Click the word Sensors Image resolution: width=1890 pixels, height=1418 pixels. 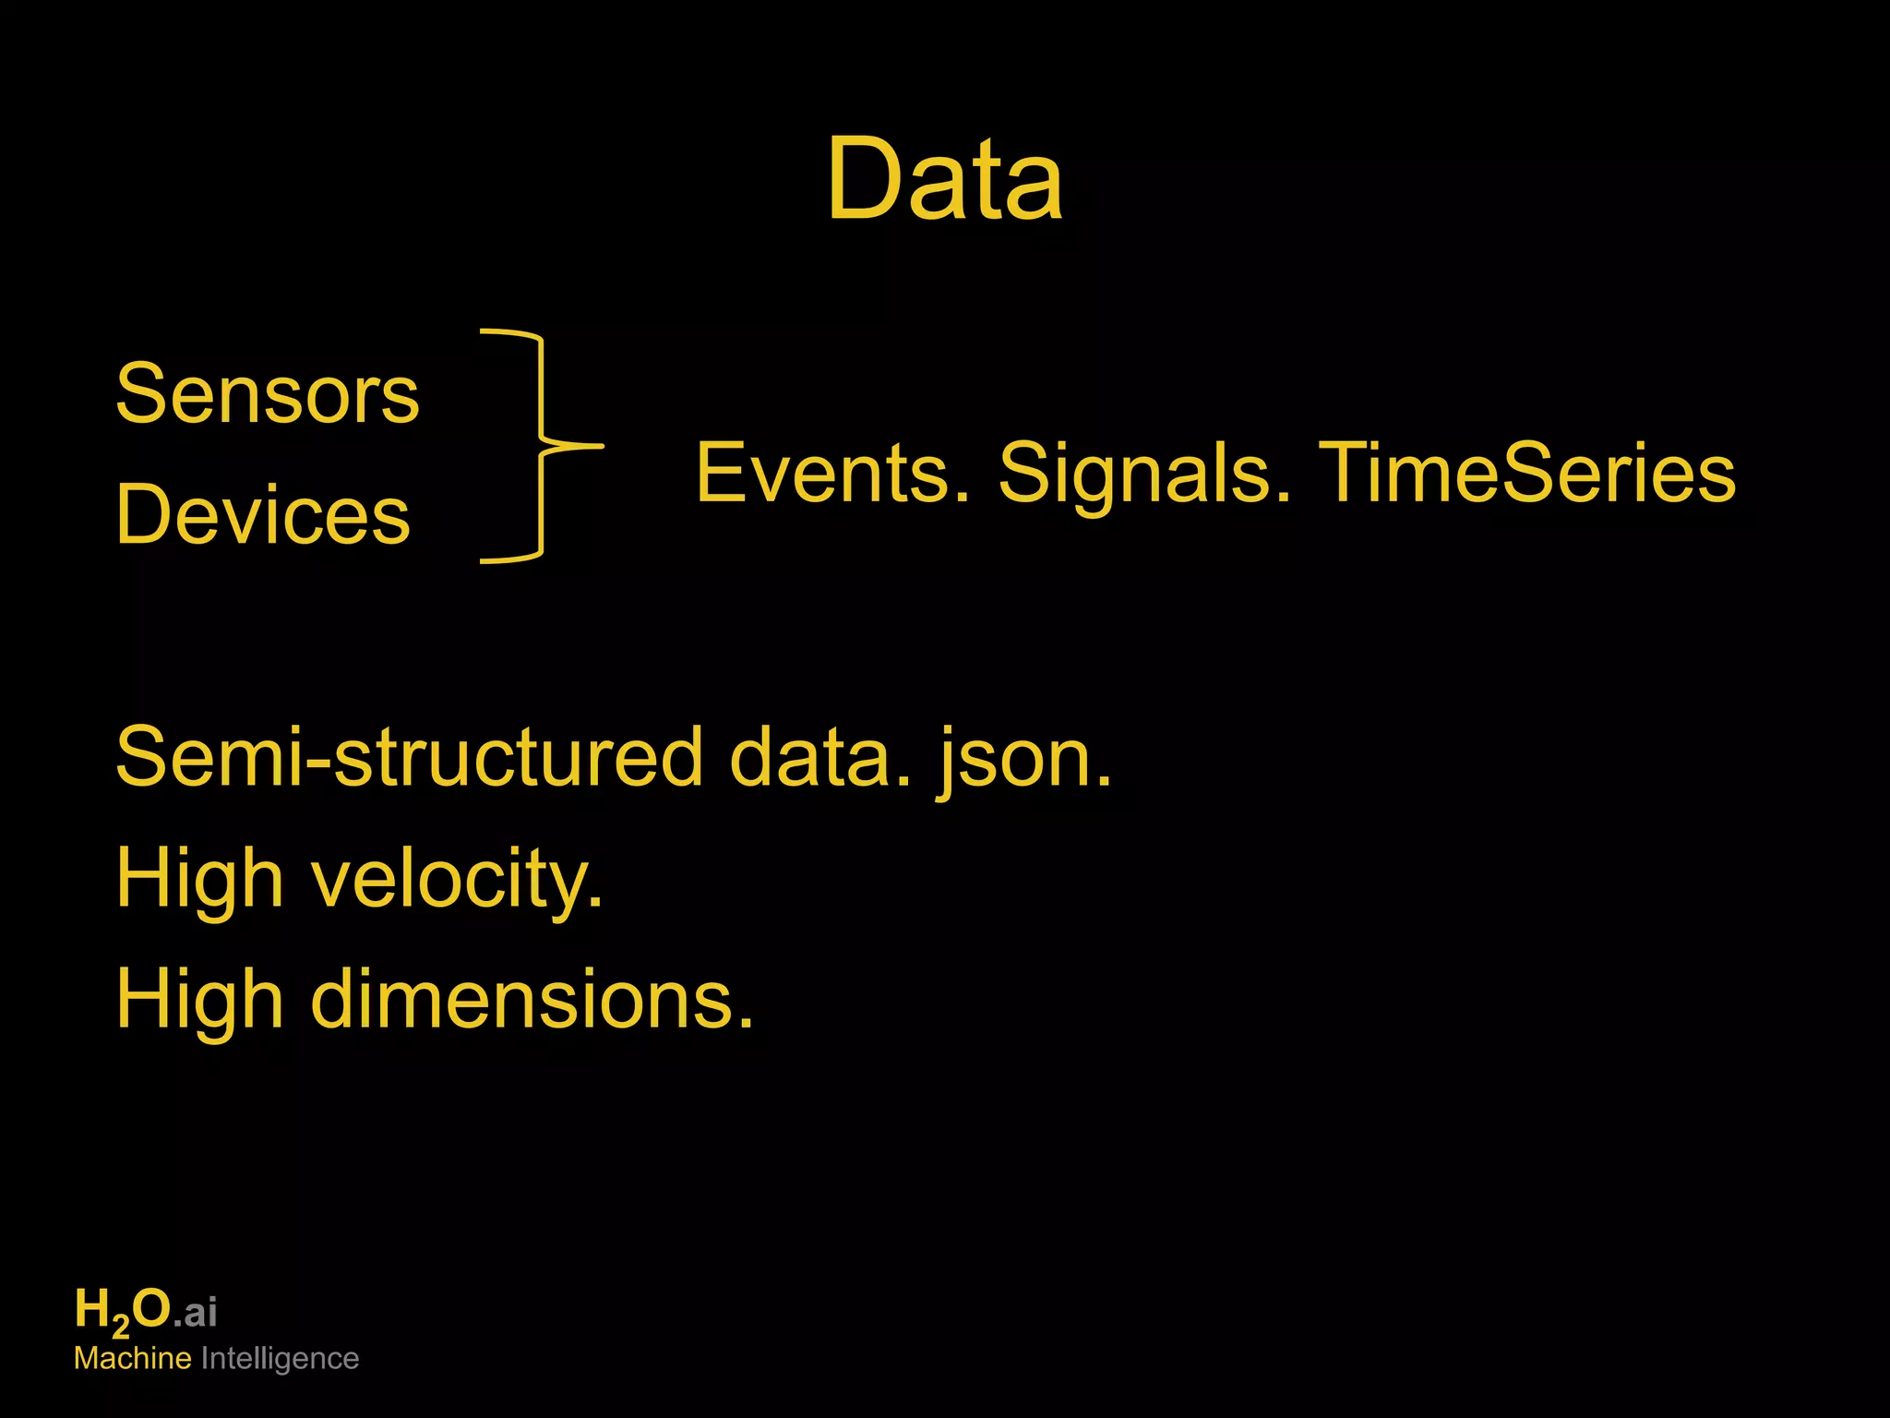(x=268, y=394)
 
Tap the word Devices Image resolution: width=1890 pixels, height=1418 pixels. (x=263, y=515)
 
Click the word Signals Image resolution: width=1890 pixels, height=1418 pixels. (x=1144, y=473)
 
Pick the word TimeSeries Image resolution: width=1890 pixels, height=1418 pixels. (x=1526, y=473)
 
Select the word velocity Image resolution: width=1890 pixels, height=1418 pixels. (x=456, y=879)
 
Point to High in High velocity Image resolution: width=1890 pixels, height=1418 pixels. (x=199, y=879)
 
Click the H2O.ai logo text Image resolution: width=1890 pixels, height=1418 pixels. (x=146, y=1311)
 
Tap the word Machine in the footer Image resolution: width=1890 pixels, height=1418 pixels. (x=133, y=1359)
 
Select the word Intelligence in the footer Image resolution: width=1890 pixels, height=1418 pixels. (x=280, y=1359)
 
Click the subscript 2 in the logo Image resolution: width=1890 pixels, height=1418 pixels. (x=121, y=1328)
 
